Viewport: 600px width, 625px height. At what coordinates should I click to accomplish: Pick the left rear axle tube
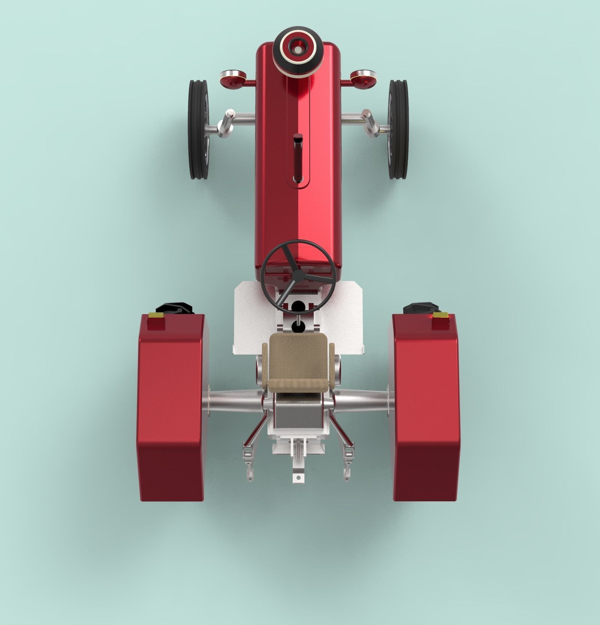click(x=234, y=403)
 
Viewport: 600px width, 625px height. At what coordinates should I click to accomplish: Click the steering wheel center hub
click(x=298, y=276)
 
